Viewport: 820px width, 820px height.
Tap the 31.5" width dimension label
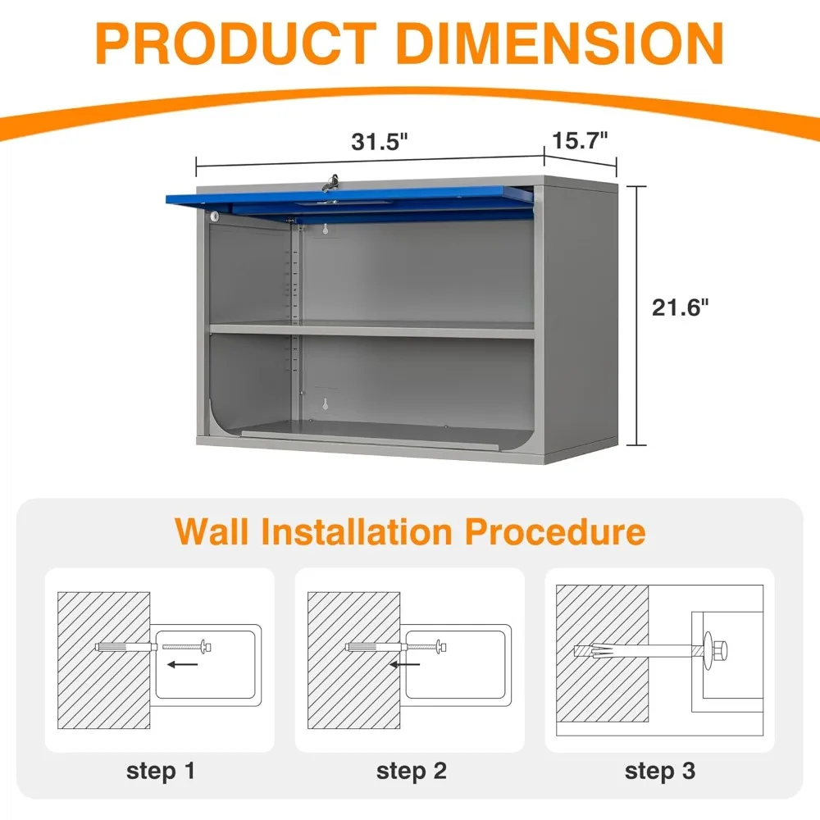379,141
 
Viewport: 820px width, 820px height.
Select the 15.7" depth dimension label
580,139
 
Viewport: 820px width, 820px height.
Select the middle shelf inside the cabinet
373,330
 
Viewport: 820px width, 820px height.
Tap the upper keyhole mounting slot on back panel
327,231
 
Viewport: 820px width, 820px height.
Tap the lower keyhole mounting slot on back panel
326,404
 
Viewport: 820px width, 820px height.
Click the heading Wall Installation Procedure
410,531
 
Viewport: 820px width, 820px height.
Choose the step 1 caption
161,771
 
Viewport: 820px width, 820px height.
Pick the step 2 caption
411,771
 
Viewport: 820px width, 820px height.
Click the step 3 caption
660,771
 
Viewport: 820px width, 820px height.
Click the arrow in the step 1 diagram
183,665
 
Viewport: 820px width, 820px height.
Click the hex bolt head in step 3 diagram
722,649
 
